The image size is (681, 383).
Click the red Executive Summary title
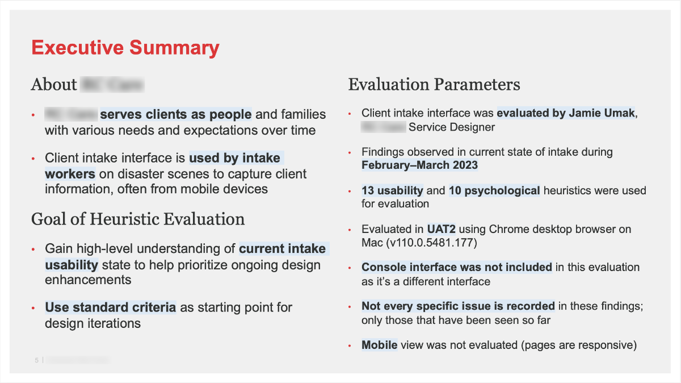pyautogui.click(x=125, y=47)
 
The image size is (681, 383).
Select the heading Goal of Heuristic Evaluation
pyautogui.click(x=138, y=219)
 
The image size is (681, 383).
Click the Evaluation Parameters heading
pyautogui.click(x=434, y=85)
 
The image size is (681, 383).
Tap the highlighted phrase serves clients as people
pyautogui.click(x=176, y=114)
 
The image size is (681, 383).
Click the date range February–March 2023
pyautogui.click(x=420, y=165)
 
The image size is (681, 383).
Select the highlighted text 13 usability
pyautogui.click(x=392, y=190)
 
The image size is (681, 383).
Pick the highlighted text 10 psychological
pyautogui.click(x=494, y=190)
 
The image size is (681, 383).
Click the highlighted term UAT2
pyautogui.click(x=442, y=229)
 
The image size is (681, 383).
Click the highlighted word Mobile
pyautogui.click(x=379, y=345)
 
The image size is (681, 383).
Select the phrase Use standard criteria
pyautogui.click(x=111, y=307)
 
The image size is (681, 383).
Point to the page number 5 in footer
pyautogui.click(x=37, y=360)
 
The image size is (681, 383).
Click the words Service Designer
pyautogui.click(x=452, y=127)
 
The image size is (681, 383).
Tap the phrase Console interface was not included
pyautogui.click(x=457, y=267)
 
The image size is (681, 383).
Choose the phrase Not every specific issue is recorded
pyautogui.click(x=458, y=306)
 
